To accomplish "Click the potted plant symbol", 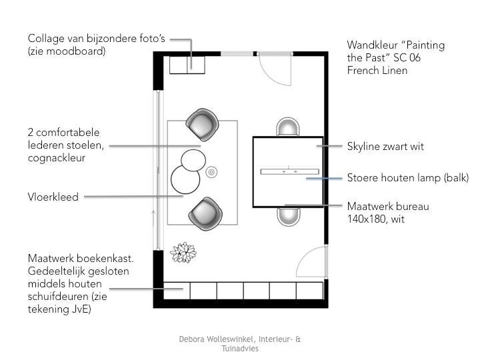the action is click(183, 253).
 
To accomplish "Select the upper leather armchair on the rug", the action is click(203, 125).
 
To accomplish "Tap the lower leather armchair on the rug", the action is click(205, 213).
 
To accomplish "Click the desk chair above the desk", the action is click(288, 127).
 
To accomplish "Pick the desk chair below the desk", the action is click(289, 217).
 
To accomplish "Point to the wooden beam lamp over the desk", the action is click(289, 171).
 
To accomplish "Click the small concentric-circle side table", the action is click(211, 172).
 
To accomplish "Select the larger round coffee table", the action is click(185, 179).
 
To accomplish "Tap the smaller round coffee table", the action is click(193, 161).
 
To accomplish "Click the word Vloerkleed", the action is click(53, 197).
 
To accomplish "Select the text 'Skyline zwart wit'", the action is click(385, 146).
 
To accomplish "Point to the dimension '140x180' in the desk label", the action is click(367, 219).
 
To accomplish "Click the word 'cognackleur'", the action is click(57, 158).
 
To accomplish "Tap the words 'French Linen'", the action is click(377, 71).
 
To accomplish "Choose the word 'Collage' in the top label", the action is click(46, 39).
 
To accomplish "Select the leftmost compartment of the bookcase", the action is click(177, 291).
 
